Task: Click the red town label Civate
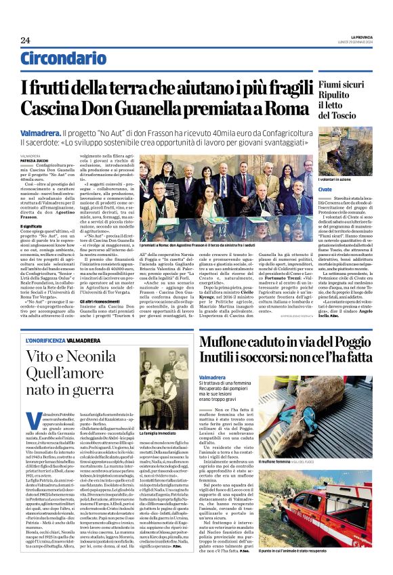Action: [327, 190]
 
